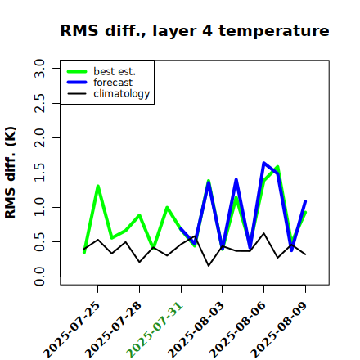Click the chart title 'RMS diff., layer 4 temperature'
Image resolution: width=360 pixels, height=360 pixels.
click(195, 30)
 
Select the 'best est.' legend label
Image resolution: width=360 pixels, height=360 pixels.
click(115, 71)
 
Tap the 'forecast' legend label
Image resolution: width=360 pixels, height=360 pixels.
click(113, 83)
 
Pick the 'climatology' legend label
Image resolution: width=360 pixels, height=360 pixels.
click(122, 94)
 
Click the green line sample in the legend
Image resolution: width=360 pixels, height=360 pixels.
click(77, 72)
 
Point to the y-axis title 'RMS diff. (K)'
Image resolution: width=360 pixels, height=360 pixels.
click(11, 173)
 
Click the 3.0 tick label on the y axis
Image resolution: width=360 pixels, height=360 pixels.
click(39, 68)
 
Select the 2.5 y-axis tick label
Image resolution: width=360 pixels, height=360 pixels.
click(39, 103)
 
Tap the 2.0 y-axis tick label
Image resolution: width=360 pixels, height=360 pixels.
click(39, 138)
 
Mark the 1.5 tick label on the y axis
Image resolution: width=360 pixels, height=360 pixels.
click(39, 173)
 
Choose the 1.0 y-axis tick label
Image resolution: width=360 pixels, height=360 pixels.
click(39, 207)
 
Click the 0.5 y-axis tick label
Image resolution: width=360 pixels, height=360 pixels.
click(39, 242)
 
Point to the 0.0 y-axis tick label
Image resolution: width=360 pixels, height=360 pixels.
click(39, 277)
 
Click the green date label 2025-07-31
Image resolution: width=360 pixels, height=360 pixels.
click(155, 330)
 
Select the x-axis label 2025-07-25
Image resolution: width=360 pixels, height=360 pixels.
click(72, 330)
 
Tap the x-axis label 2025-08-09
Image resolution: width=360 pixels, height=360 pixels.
click(279, 330)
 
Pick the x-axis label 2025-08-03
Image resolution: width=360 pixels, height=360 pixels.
click(196, 330)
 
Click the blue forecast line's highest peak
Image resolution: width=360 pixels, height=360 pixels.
click(263, 163)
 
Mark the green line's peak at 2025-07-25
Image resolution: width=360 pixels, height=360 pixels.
click(97, 186)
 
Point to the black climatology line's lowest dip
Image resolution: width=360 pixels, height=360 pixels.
click(209, 266)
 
